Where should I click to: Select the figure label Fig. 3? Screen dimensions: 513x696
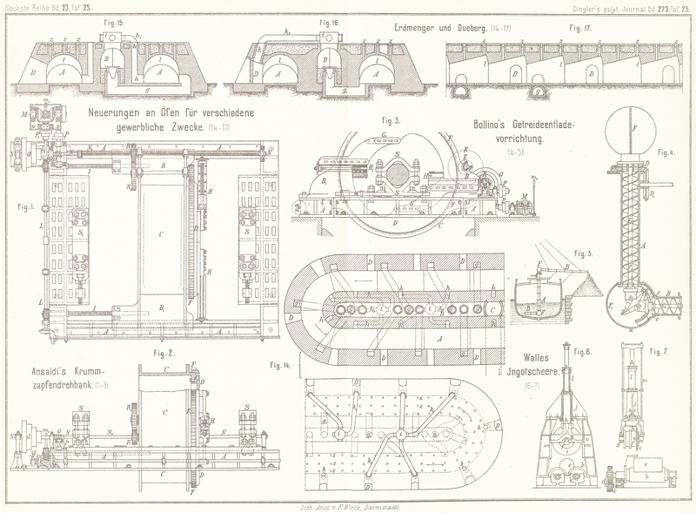391,121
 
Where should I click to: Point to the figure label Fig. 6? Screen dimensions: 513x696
583,352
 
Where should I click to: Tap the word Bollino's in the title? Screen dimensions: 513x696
493,124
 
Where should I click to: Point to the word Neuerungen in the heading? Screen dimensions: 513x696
123,113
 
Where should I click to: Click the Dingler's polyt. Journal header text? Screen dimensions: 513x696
607,8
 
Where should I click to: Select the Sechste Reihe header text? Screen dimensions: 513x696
33,8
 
